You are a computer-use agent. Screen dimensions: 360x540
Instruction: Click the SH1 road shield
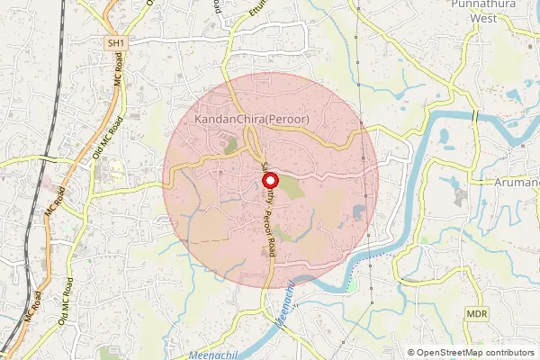[x=114, y=43]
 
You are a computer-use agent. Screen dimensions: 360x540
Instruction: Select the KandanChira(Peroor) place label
[x=252, y=119]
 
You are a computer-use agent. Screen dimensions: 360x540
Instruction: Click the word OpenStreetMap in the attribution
[x=450, y=353]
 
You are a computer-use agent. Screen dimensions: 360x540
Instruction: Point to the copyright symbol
[x=411, y=353]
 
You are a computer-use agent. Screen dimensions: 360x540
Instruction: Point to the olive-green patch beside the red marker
[x=290, y=188]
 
